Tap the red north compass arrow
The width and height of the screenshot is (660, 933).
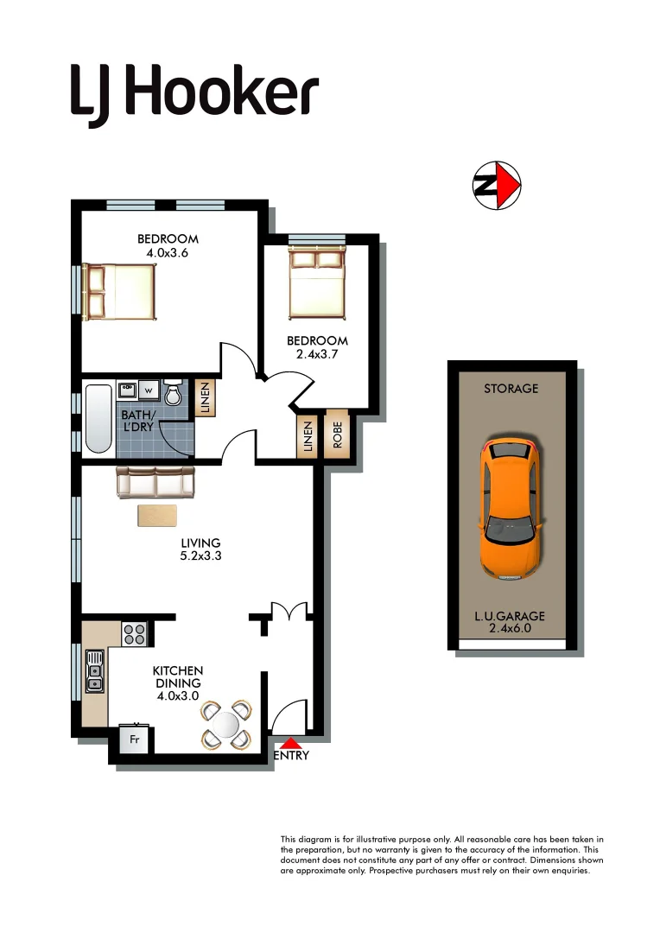coord(510,185)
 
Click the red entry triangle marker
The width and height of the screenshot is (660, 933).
coord(291,742)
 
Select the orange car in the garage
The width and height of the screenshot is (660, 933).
coord(511,507)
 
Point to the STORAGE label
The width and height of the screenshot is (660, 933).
coord(511,389)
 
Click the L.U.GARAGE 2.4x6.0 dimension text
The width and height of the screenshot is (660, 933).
coord(511,622)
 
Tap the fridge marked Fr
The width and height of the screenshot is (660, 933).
coord(135,740)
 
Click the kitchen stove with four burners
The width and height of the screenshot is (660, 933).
coord(134,634)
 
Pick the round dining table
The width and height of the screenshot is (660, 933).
coord(226,725)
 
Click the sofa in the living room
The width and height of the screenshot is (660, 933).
coord(155,482)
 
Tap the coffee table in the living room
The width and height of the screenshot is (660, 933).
coord(157,515)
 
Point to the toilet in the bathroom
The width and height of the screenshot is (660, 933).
coord(173,393)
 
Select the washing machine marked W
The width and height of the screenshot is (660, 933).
coord(148,390)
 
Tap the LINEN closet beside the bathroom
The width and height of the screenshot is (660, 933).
coord(205,398)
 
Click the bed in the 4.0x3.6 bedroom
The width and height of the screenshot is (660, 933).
coord(121,290)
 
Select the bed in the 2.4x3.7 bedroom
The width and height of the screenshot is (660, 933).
coord(317,282)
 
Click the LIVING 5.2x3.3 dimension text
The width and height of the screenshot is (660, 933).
coord(200,549)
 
